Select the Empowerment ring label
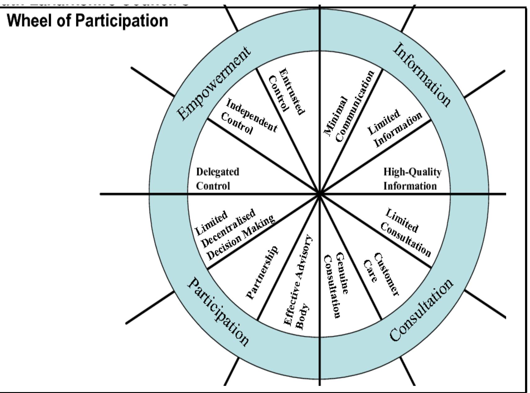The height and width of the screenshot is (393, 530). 214,83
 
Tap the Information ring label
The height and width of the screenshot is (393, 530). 422,75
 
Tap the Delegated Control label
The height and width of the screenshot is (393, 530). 217,179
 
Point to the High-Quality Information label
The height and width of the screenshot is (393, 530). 412,179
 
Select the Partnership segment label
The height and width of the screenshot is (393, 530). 262,273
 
